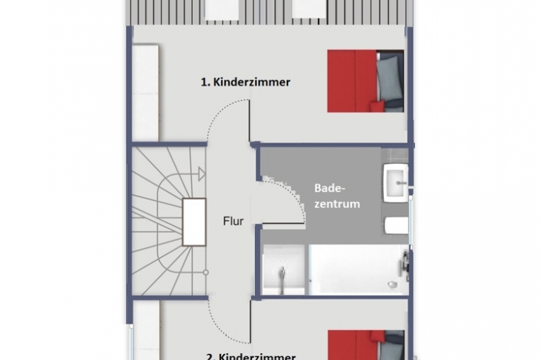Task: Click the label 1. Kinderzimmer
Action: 245,82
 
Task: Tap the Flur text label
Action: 233,221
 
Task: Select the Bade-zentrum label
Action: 337,196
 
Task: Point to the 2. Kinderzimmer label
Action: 250,356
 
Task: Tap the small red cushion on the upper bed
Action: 376,105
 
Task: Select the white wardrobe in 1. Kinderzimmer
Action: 145,93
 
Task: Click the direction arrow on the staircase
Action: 201,174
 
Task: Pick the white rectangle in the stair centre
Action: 194,222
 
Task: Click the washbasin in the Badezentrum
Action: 396,183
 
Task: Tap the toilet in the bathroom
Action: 396,225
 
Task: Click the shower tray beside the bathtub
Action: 284,270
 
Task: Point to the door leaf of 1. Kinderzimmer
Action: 249,121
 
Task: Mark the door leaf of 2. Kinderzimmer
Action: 250,321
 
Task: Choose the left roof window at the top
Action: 222,10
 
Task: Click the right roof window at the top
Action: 310,10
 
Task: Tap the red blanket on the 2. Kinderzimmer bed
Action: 356,345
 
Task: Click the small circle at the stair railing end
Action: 205,273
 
